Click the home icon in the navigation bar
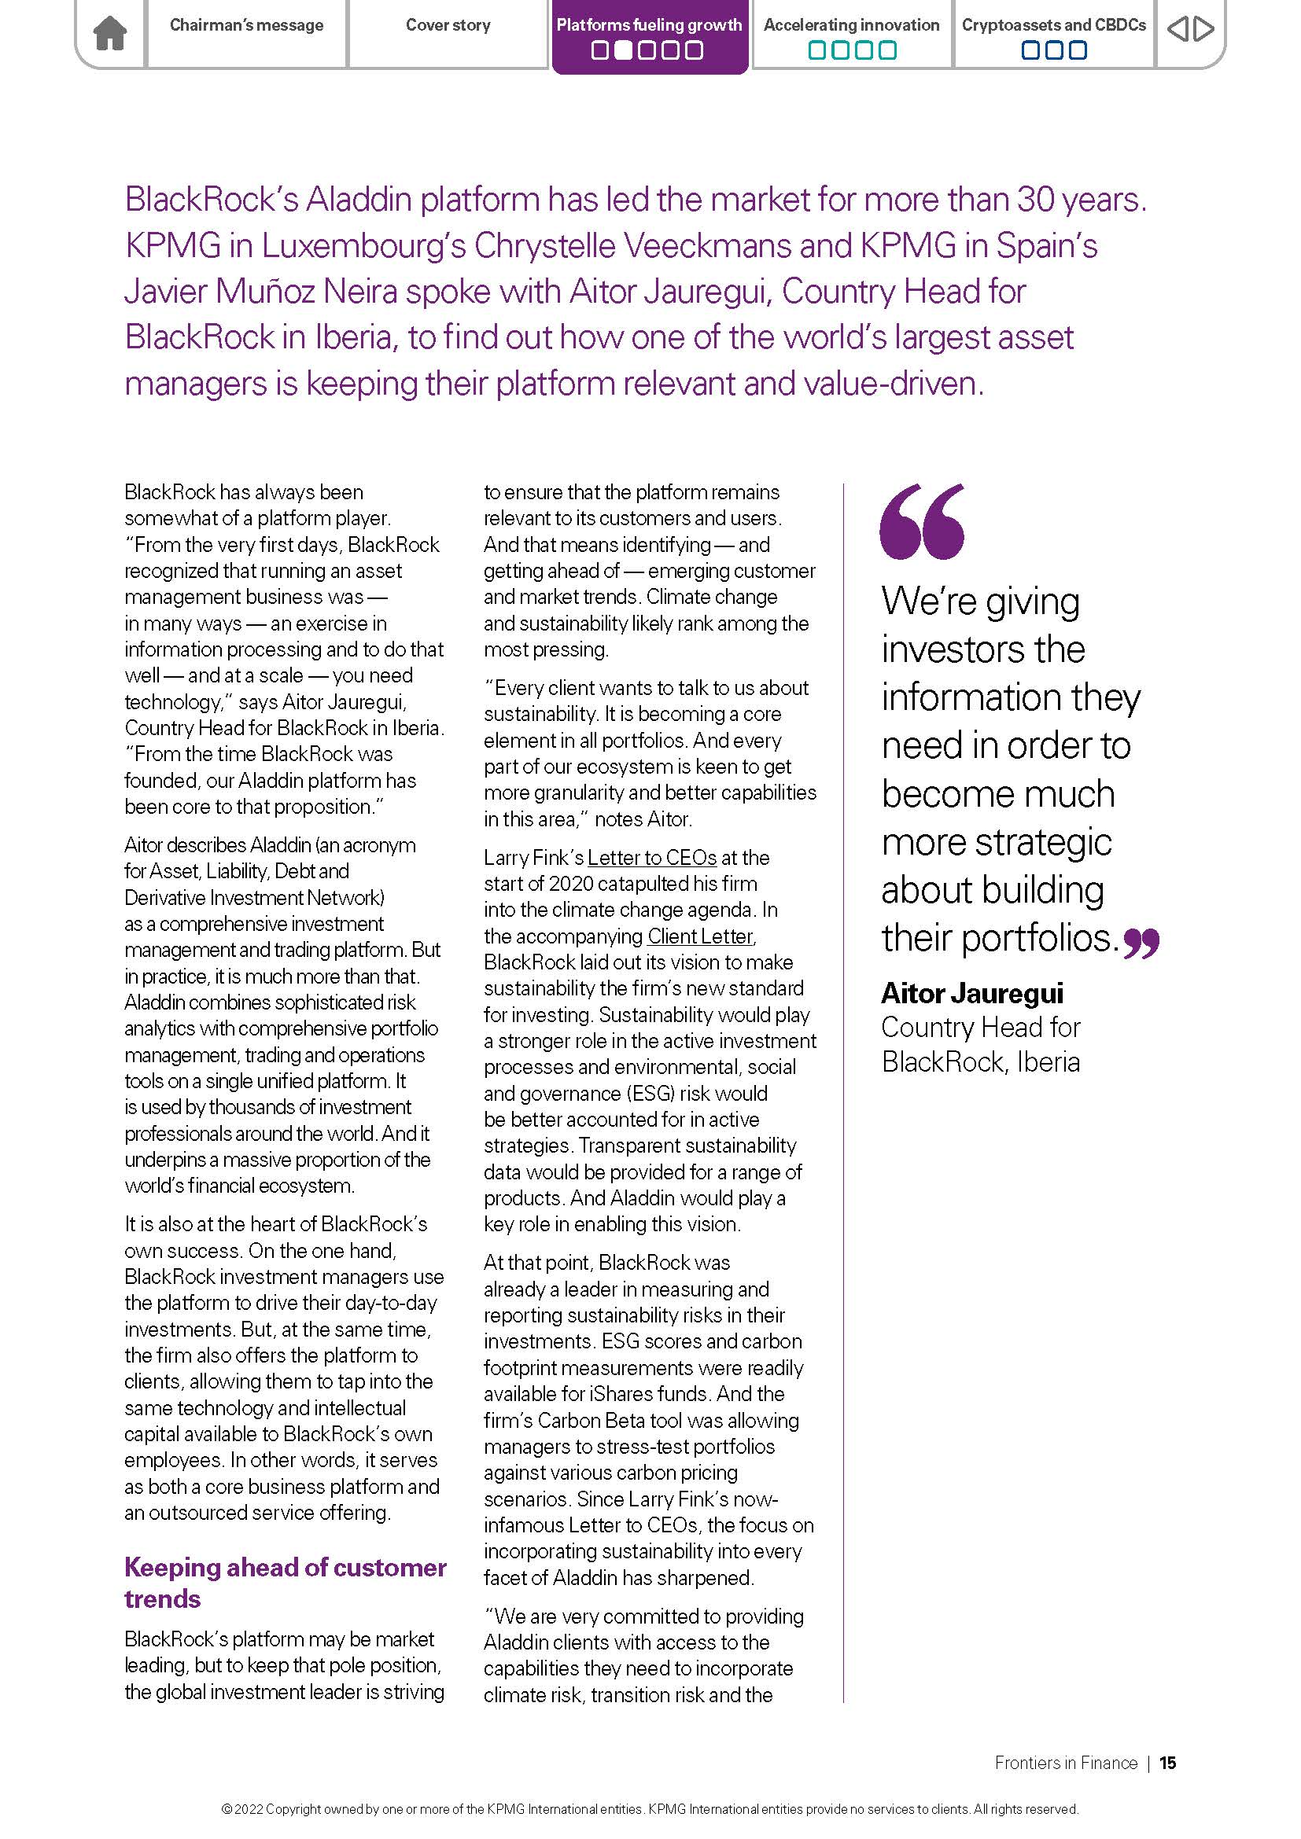(110, 34)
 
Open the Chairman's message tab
(246, 26)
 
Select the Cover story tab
(448, 26)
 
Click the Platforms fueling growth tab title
(649, 25)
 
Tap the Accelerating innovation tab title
(851, 25)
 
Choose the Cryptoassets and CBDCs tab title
(1053, 25)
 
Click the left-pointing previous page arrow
(1177, 30)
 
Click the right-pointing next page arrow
(1203, 30)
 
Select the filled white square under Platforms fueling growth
(622, 50)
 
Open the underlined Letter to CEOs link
(651, 858)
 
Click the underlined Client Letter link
(700, 936)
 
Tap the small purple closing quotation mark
(1141, 943)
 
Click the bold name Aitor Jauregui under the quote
(971, 993)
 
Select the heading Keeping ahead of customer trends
(285, 1583)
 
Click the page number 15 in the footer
(1167, 1763)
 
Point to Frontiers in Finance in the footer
(1066, 1763)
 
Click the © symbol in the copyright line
(227, 1809)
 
